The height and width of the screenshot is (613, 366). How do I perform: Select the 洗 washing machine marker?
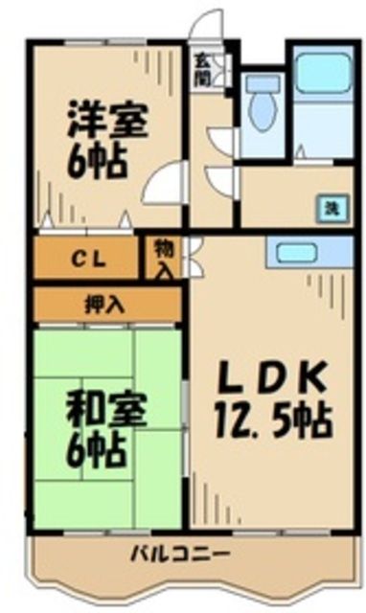(x=329, y=207)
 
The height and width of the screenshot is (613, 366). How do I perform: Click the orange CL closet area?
(x=57, y=258)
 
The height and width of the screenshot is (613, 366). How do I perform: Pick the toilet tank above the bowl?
(x=259, y=83)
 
